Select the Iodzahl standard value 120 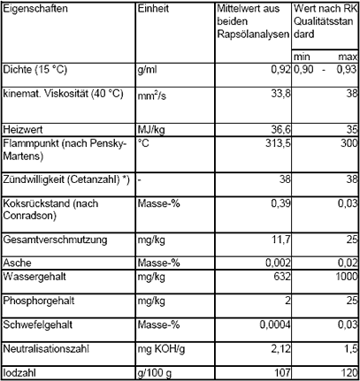tap(346, 373)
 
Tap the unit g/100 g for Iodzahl tap(156, 373)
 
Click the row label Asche tap(18, 263)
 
